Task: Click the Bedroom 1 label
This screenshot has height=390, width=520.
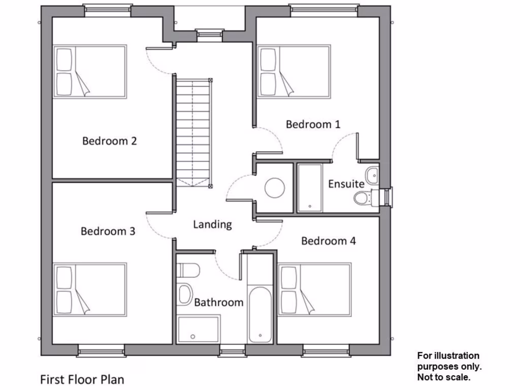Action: pos(313,124)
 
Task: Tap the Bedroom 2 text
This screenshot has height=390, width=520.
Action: pos(110,141)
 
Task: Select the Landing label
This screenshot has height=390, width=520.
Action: pos(212,224)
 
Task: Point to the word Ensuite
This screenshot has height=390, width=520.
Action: pos(346,184)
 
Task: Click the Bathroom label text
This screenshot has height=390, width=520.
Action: pos(219,303)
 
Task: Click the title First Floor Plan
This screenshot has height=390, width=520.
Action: pos(82,379)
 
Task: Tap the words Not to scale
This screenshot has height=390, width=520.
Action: pos(444,377)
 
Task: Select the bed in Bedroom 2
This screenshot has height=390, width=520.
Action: pos(90,72)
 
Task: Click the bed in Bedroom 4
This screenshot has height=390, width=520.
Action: pos(315,289)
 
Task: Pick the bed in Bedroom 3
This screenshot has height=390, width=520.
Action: pos(90,289)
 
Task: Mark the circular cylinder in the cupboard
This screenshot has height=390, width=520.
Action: pos(275,188)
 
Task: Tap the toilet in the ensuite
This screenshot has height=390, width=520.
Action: pos(363,198)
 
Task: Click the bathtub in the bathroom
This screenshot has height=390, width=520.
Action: pos(260,315)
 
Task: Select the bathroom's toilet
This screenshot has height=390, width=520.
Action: pos(189,269)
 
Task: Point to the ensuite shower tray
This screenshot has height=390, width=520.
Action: pos(309,187)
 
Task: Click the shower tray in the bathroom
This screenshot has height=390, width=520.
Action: pos(198,329)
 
